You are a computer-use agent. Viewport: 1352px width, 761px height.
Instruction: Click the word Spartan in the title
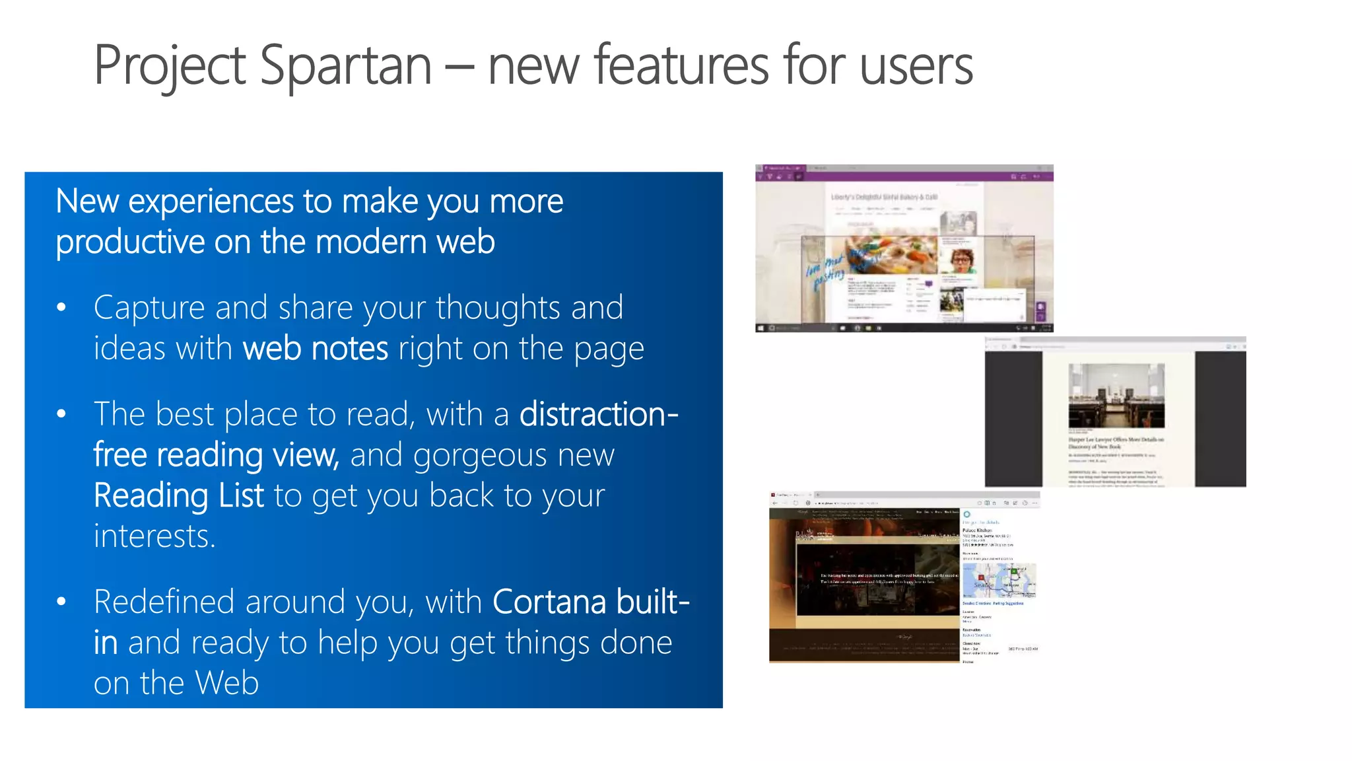tap(345, 66)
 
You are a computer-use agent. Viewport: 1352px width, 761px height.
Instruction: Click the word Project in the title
tap(170, 66)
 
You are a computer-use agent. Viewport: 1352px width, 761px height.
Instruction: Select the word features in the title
tap(681, 65)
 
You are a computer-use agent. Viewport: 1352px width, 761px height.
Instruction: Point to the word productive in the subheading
tap(130, 242)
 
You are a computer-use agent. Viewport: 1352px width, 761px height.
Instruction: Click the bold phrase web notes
tap(316, 348)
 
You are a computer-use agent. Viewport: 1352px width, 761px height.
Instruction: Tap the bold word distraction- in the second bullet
tap(599, 414)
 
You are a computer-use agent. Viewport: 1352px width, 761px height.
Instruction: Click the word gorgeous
tap(480, 455)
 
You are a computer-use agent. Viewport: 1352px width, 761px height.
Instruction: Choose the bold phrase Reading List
tap(178, 495)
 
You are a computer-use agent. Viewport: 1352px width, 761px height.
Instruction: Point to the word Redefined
tap(164, 602)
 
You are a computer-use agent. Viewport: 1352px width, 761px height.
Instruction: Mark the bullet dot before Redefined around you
tap(61, 602)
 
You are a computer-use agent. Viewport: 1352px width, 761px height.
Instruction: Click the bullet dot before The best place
tap(61, 414)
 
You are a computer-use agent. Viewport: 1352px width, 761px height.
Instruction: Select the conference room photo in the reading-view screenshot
tap(1116, 396)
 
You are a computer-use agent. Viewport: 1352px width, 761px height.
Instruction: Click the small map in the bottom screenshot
tap(998, 581)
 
